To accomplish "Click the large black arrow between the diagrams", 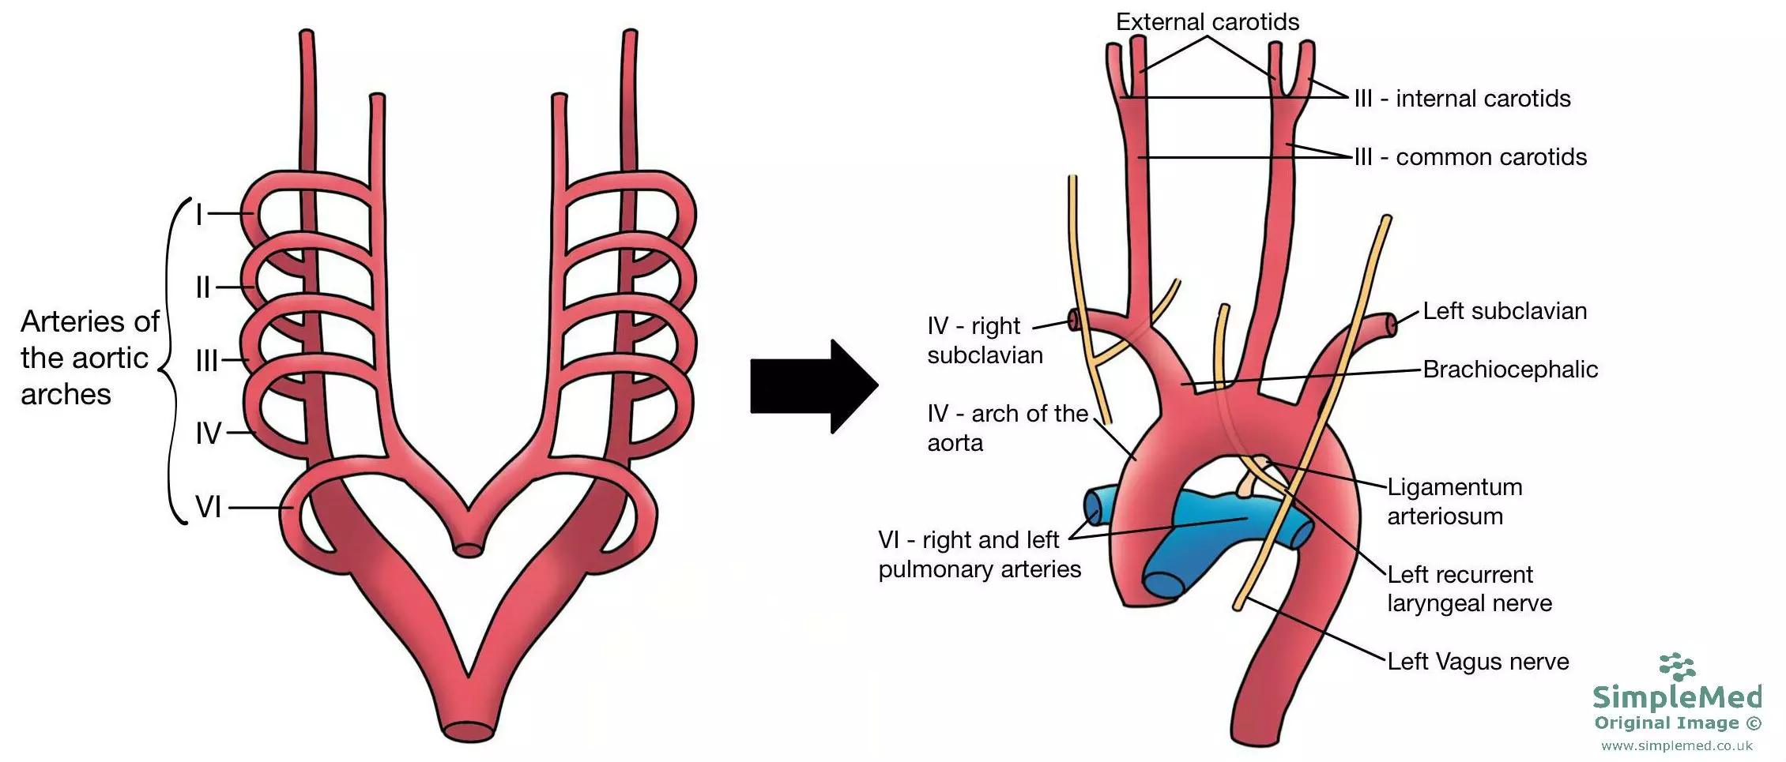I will point(810,386).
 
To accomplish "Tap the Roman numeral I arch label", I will point(199,214).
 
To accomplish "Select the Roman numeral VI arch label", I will point(209,507).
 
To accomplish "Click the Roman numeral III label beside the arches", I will point(207,361).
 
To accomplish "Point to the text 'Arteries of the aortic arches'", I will point(89,358).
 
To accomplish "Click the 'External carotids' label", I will point(1207,22).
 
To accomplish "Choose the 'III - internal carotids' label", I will point(1462,99).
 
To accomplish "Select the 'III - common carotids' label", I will point(1470,157).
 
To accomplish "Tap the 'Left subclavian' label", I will point(1505,311).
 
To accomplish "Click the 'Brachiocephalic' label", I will point(1510,370).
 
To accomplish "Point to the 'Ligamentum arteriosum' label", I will point(1454,501).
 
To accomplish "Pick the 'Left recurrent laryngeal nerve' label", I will point(1468,589).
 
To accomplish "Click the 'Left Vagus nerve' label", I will point(1478,662).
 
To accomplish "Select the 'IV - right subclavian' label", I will point(984,340).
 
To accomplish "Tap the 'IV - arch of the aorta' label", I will point(1007,428).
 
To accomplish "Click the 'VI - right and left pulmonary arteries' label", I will point(978,554).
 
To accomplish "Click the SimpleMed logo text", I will point(1677,697).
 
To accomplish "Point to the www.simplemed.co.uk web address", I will point(1676,746).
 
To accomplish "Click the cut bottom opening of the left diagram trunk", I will point(469,731).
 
